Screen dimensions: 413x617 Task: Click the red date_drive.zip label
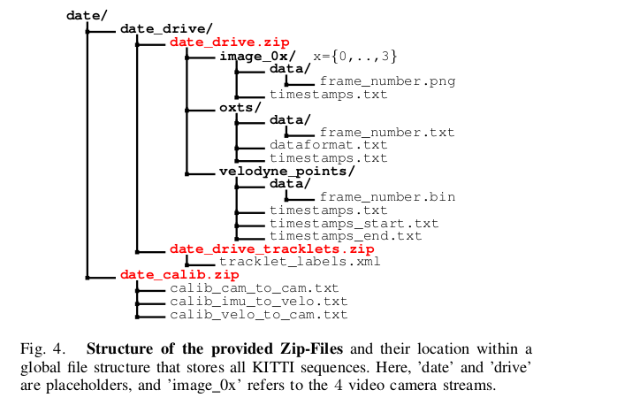tap(229, 42)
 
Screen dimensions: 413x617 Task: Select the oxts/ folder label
tap(240, 107)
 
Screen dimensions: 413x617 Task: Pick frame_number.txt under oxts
tap(387, 133)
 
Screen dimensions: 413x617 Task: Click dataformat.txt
tap(328, 145)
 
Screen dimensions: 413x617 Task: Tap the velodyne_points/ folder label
tap(286, 172)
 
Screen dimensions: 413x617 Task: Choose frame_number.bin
tap(387, 196)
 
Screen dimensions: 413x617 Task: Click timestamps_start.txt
tap(354, 224)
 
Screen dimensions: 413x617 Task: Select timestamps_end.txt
tap(346, 236)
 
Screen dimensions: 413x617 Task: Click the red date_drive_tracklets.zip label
tap(271, 249)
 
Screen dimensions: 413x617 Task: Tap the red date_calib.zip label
tap(167, 275)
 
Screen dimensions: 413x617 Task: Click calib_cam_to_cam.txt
tap(254, 288)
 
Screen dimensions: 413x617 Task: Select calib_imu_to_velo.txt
tap(254, 302)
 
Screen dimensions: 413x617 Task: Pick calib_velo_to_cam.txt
tap(258, 314)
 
